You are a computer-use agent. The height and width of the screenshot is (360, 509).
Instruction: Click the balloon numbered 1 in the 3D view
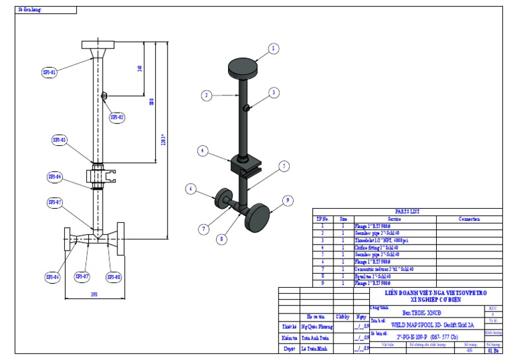point(273,48)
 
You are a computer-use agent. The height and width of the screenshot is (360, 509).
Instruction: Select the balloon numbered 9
point(288,200)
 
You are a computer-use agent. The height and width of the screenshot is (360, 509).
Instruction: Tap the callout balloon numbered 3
point(273,93)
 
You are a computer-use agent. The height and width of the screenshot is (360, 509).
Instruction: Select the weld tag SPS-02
point(117,117)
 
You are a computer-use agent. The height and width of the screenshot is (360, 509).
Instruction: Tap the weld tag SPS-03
point(60,140)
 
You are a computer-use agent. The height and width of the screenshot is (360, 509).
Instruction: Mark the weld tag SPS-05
point(54,202)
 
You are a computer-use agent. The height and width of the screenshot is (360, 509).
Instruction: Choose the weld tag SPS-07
point(82,276)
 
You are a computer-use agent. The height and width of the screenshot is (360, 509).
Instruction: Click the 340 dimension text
point(140,70)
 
